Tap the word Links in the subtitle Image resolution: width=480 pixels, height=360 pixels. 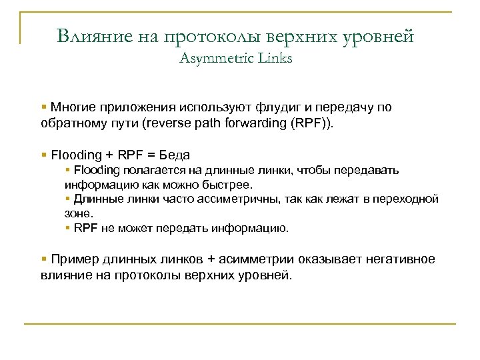(x=274, y=59)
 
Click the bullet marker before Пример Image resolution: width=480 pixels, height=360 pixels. (x=43, y=259)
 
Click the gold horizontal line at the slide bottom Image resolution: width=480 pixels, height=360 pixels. (x=240, y=324)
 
